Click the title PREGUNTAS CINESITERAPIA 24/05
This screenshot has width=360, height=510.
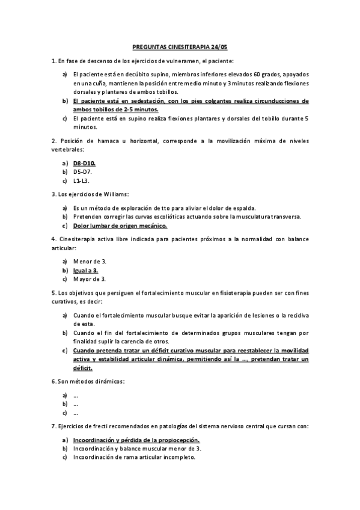click(180, 45)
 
